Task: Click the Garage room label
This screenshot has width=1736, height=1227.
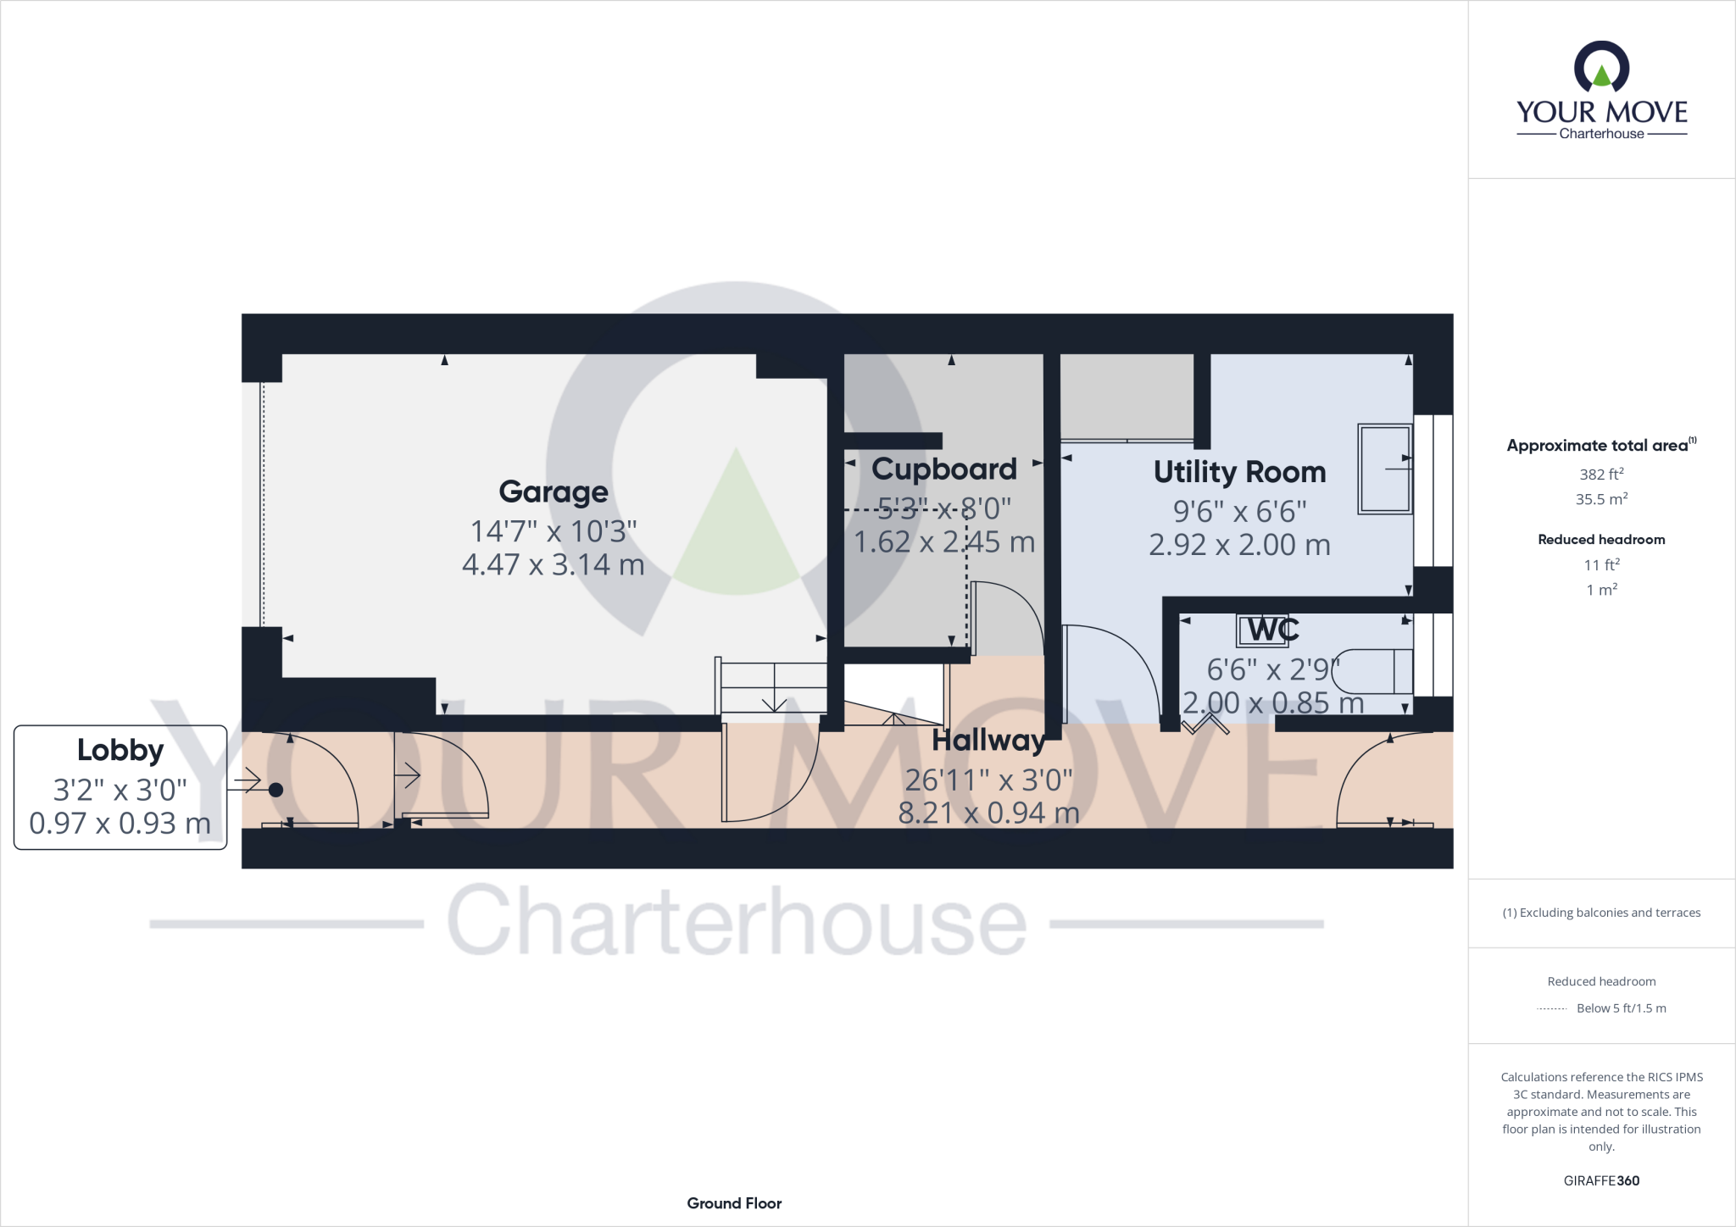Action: (x=554, y=491)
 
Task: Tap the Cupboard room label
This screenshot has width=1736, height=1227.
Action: (x=943, y=469)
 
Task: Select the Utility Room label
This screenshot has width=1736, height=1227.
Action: (x=1239, y=472)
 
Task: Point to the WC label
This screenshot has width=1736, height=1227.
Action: (x=1274, y=630)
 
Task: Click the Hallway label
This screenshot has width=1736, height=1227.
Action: (x=988, y=741)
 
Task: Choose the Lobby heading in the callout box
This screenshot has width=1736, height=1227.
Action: (x=120, y=750)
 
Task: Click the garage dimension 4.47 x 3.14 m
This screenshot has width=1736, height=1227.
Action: (x=554, y=564)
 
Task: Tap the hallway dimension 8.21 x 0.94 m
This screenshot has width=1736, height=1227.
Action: (x=988, y=813)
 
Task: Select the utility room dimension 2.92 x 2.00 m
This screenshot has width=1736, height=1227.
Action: (x=1239, y=545)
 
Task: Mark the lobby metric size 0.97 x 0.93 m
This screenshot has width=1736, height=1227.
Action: (x=120, y=823)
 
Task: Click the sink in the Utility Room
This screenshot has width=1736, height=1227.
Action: (x=1385, y=469)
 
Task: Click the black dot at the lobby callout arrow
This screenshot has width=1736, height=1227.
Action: (x=275, y=791)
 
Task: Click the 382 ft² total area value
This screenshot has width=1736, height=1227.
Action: (x=1601, y=475)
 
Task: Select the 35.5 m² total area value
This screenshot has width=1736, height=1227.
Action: (x=1601, y=499)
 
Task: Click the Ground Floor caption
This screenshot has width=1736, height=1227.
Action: (x=734, y=1203)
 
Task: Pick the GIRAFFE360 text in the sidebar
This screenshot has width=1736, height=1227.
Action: (x=1601, y=1180)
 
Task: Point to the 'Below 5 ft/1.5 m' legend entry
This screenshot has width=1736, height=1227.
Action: (x=1621, y=1008)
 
